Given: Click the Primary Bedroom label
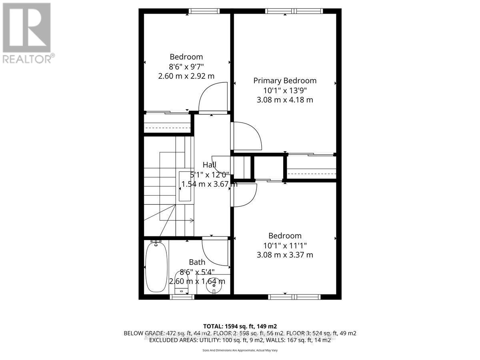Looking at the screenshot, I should [x=285, y=80].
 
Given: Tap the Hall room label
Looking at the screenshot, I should [x=209, y=165].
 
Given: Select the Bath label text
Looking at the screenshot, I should [x=197, y=262].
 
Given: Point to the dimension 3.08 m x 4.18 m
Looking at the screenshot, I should [x=285, y=100].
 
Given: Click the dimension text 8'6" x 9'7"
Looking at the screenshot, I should [x=186, y=66].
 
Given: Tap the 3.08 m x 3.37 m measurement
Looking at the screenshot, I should [x=285, y=254].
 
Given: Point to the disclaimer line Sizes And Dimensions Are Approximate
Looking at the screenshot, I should [x=240, y=350].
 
